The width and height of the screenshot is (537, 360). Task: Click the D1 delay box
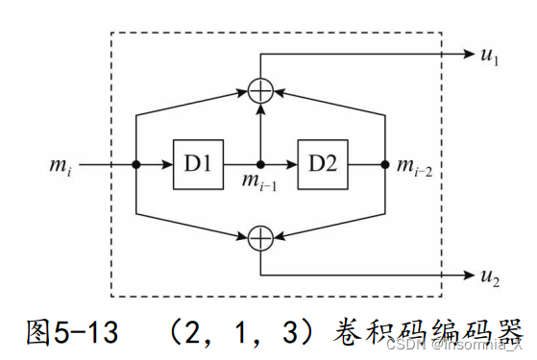coord(198,164)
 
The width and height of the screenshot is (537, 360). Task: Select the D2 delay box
coord(323,164)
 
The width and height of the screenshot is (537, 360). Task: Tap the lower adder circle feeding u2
coord(260,237)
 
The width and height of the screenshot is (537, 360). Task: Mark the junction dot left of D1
coord(138,164)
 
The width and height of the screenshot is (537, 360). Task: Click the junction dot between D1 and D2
coord(260,164)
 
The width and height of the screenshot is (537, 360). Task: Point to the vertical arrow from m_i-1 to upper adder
coord(260,130)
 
